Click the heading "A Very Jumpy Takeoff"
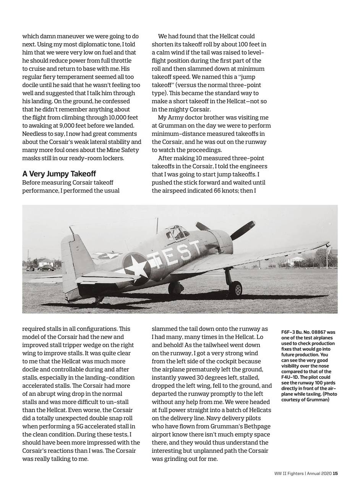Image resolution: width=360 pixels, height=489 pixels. [x=59, y=174]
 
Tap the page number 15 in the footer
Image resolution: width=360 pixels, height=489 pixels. [x=335, y=474]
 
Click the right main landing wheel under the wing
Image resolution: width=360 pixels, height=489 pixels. [x=235, y=289]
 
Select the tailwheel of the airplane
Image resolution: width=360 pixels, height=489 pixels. [x=98, y=300]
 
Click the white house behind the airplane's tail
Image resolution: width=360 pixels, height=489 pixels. [x=46, y=262]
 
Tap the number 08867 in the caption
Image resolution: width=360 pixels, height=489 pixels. [x=318, y=332]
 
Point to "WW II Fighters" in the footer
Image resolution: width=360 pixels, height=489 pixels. [x=289, y=474]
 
